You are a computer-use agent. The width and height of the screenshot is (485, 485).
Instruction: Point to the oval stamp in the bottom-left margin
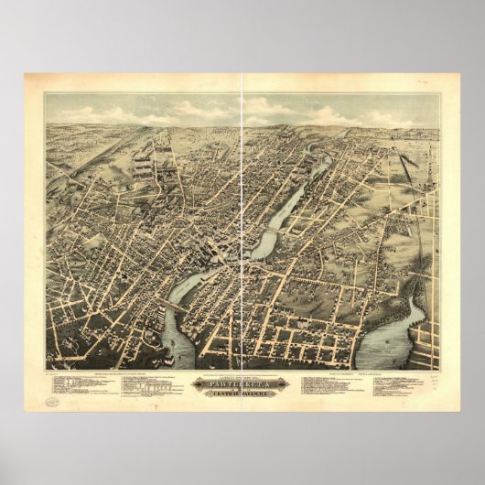click(x=54, y=401)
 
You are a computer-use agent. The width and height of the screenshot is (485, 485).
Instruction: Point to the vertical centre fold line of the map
click(x=242, y=229)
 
